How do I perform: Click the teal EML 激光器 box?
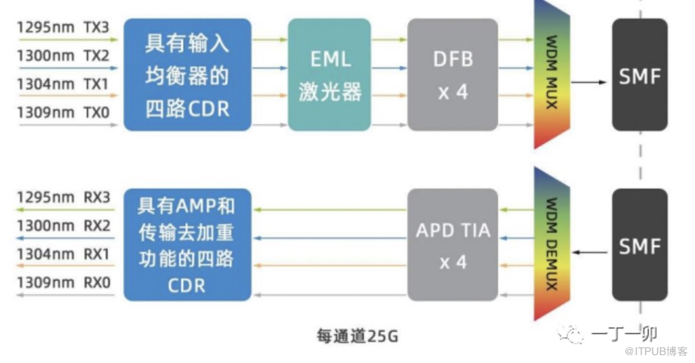coord(330,74)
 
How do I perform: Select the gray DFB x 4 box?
coord(452,74)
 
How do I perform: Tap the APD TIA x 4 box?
coord(452,243)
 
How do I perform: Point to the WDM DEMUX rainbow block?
coord(550,245)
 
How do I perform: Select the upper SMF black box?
coord(639,75)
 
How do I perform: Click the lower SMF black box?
coord(639,245)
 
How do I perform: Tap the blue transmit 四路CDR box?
coord(188,74)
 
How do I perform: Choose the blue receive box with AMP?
coord(188,244)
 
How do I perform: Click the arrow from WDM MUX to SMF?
coord(590,81)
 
